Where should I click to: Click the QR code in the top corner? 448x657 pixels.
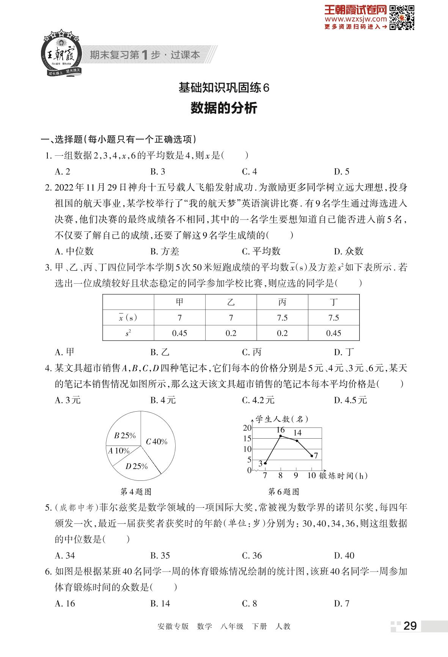click(402, 17)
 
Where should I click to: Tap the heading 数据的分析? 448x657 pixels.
click(224, 108)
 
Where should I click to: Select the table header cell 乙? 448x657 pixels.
click(231, 302)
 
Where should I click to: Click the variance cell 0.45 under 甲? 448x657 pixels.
click(179, 333)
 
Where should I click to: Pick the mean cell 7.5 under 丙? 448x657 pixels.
click(282, 318)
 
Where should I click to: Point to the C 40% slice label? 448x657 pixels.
click(157, 442)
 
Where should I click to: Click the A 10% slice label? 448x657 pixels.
click(119, 451)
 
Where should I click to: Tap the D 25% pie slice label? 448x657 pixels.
click(137, 466)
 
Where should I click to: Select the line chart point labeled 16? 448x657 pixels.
click(280, 436)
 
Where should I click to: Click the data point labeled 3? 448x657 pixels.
click(265, 463)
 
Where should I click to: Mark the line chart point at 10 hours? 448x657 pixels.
click(312, 455)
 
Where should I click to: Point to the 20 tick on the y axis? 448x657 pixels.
click(247, 428)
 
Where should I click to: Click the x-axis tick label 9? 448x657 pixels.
click(296, 476)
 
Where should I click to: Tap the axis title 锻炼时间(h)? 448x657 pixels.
click(344, 476)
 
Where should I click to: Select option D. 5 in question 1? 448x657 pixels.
click(341, 172)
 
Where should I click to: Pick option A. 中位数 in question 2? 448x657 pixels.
click(74, 251)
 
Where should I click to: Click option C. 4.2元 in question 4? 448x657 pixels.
click(258, 400)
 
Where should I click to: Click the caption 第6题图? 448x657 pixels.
click(283, 492)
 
